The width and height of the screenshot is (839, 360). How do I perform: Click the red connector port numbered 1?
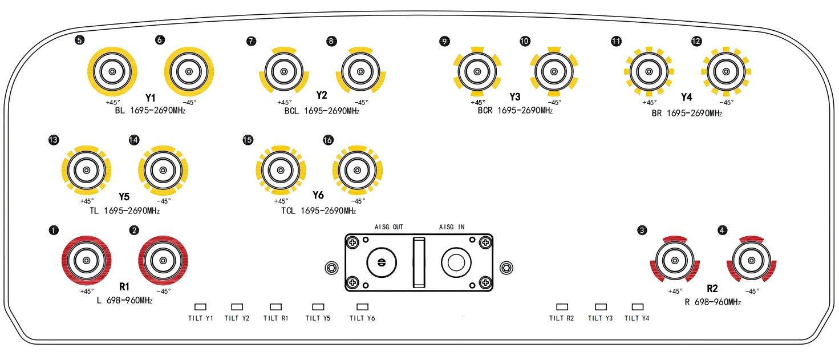click(x=86, y=261)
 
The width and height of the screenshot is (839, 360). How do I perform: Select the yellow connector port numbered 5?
click(x=112, y=72)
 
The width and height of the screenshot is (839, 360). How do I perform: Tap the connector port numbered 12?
click(x=725, y=72)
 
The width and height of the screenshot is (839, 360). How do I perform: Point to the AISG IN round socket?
click(x=455, y=262)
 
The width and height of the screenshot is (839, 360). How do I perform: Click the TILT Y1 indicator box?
click(x=200, y=307)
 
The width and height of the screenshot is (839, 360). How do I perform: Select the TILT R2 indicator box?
click(x=562, y=307)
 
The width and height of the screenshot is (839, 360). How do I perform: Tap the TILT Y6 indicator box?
click(x=362, y=307)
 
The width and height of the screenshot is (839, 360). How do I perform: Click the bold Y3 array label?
click(x=515, y=96)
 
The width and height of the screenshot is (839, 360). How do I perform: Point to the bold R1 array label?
click(x=125, y=286)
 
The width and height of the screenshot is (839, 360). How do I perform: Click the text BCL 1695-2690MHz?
click(x=322, y=111)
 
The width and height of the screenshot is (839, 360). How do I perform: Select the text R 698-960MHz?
click(x=712, y=302)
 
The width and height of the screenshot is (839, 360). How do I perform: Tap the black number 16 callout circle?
click(x=328, y=140)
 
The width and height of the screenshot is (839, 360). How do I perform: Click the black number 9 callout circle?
click(x=444, y=41)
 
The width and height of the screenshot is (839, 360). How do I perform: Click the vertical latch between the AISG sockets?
click(x=419, y=262)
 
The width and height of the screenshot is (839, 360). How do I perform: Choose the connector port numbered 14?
click(x=163, y=171)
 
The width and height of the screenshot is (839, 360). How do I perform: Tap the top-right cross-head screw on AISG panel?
click(x=485, y=244)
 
